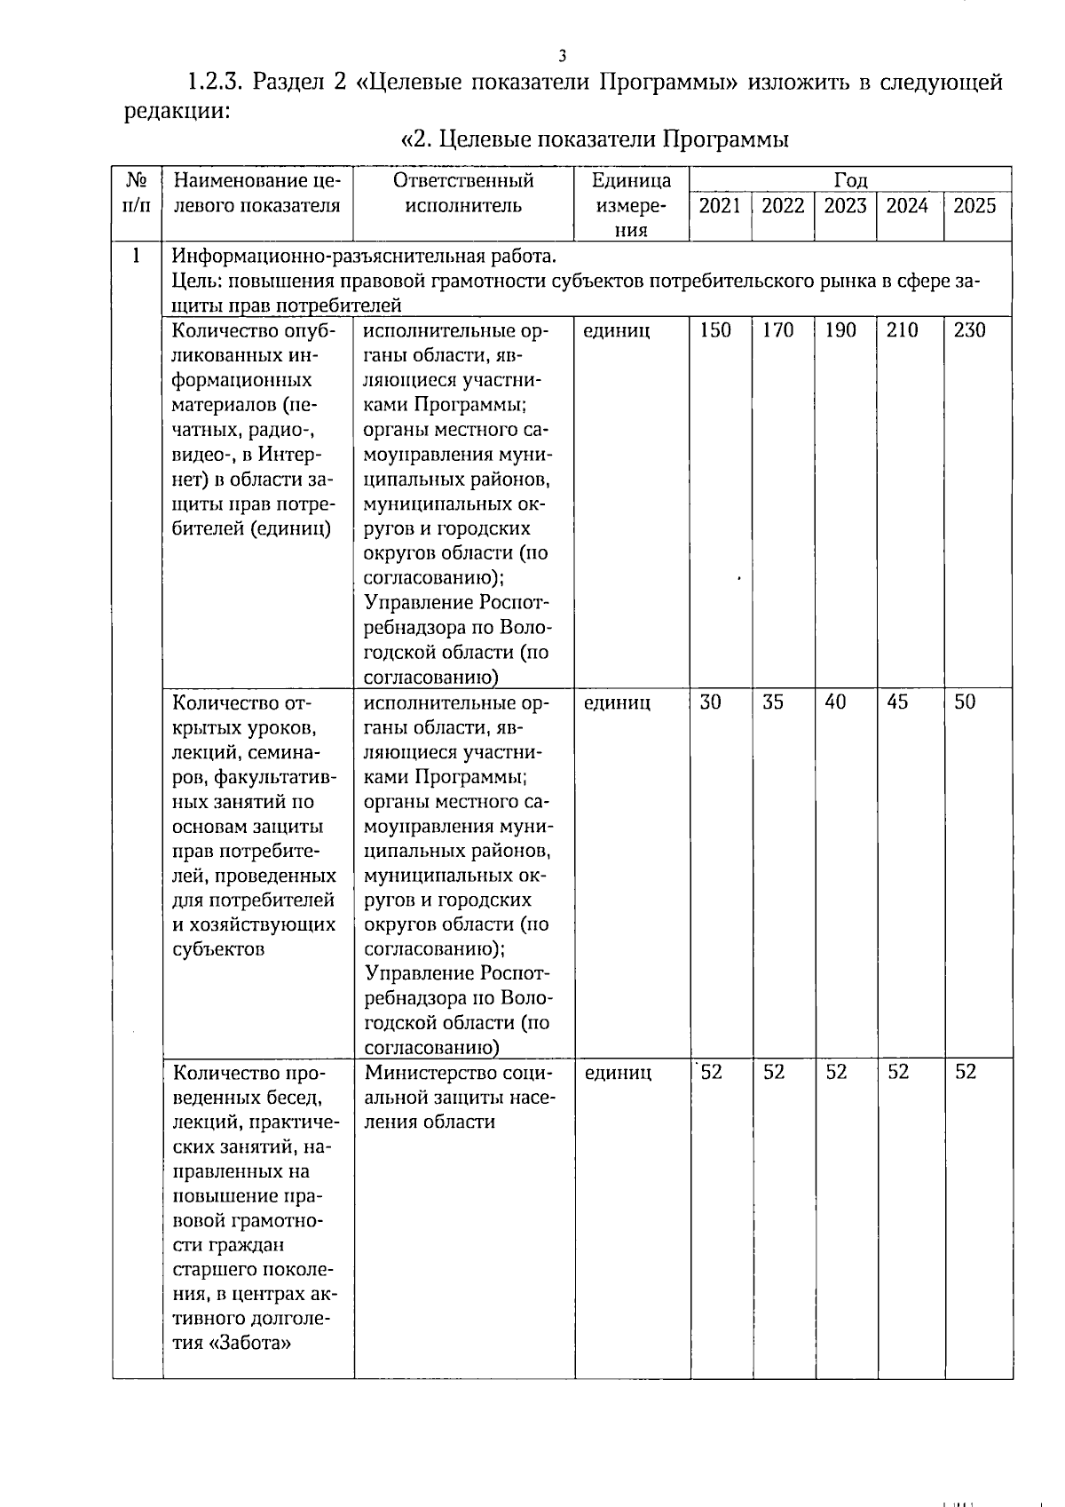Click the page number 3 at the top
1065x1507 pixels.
(562, 56)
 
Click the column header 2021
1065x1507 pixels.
(720, 206)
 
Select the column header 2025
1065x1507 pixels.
(974, 206)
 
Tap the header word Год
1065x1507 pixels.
(850, 180)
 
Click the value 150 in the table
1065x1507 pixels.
(715, 330)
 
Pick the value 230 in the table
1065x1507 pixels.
(969, 330)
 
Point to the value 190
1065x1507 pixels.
(840, 330)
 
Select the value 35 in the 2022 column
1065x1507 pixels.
(773, 702)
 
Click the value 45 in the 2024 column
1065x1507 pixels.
(897, 702)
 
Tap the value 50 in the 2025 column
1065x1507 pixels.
(965, 702)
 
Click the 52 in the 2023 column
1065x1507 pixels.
(836, 1072)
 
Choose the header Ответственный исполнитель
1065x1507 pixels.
(463, 193)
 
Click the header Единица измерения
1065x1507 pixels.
(631, 205)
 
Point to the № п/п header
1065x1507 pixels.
(137, 193)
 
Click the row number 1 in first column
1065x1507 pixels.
(136, 257)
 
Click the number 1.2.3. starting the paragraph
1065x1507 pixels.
(214, 83)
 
